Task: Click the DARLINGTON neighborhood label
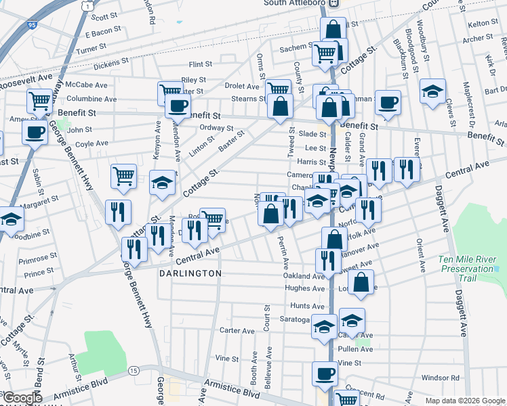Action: [190, 273]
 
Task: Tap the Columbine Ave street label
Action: [92, 99]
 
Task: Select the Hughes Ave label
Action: [305, 288]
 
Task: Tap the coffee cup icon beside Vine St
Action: [325, 373]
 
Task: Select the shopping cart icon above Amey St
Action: [40, 101]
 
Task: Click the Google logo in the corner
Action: [22, 398]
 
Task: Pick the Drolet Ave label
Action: [242, 87]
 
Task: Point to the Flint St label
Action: [201, 65]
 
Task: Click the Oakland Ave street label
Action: [305, 276]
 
